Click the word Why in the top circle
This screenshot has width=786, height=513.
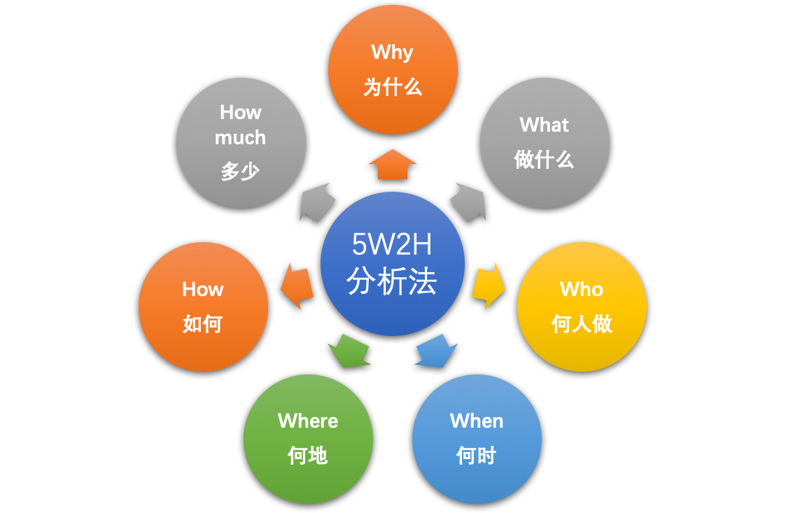click(392, 52)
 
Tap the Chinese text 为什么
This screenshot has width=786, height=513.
click(393, 87)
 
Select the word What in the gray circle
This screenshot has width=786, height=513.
click(544, 125)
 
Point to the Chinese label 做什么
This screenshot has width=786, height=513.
click(544, 160)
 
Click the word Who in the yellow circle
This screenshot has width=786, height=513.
click(581, 289)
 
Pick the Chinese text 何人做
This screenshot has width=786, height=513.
click(582, 323)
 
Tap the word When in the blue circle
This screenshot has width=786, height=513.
click(477, 421)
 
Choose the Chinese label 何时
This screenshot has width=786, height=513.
click(476, 456)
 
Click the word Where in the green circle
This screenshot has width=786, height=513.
click(308, 421)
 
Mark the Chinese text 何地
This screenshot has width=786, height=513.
click(308, 456)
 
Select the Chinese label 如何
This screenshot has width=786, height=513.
click(202, 324)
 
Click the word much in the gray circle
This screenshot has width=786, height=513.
click(240, 138)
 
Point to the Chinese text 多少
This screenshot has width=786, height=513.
click(240, 171)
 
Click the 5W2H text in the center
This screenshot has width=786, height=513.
click(392, 244)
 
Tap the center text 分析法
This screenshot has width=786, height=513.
click(392, 281)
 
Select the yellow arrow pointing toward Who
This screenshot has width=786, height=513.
click(489, 286)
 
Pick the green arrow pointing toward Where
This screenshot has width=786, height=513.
click(349, 351)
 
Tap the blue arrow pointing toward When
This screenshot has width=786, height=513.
click(436, 351)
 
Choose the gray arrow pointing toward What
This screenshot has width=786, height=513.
click(468, 202)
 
